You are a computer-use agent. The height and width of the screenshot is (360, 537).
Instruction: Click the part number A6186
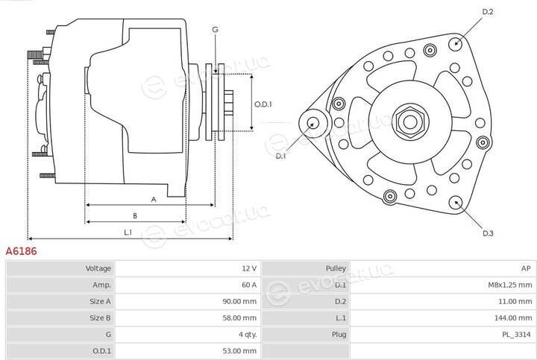[21, 251]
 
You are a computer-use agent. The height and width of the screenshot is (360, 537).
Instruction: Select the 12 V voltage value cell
[249, 268]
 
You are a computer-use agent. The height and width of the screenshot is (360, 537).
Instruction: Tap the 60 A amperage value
[248, 285]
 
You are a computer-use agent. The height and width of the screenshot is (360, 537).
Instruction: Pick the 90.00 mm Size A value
[239, 301]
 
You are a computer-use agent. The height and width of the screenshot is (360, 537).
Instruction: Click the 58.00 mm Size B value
[239, 318]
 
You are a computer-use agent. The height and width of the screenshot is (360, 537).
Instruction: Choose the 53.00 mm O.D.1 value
[239, 351]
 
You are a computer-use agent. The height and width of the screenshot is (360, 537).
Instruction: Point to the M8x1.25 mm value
[510, 285]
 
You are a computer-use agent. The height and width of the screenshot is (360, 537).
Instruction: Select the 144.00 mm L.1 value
[513, 318]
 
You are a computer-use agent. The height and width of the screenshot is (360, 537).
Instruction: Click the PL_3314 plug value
[516, 335]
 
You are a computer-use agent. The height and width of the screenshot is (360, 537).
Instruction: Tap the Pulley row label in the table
[336, 268]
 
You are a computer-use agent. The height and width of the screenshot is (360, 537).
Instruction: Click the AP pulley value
[526, 268]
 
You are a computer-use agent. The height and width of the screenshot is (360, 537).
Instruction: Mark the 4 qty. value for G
[248, 335]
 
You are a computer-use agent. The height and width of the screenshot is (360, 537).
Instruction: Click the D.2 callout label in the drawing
[487, 12]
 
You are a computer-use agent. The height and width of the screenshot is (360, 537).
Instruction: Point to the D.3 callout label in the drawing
[488, 233]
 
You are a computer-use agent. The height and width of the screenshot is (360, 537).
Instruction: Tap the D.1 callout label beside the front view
[280, 157]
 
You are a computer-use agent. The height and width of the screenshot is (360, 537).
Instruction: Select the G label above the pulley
[215, 30]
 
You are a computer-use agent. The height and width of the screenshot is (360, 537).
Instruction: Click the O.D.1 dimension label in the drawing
[263, 104]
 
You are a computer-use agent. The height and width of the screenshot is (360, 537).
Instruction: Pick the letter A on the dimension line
[154, 200]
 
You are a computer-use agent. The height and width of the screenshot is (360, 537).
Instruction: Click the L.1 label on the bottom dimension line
[128, 233]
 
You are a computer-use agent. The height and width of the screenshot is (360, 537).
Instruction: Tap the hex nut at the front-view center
[410, 121]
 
